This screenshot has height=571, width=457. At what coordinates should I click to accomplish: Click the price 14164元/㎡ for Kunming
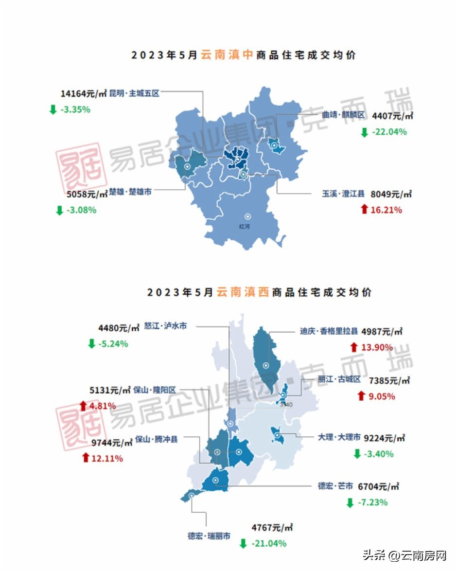click(84, 93)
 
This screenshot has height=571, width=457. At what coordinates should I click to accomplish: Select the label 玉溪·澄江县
click(343, 194)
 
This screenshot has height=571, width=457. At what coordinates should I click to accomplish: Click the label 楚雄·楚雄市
click(130, 192)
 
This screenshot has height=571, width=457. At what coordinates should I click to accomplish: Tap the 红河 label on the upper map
click(244, 226)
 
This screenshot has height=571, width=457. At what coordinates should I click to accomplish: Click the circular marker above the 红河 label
click(247, 216)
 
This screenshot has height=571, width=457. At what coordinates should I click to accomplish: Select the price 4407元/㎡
click(392, 116)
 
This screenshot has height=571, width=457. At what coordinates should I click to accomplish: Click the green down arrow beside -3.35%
click(53, 109)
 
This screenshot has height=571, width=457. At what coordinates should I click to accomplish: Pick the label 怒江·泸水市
click(165, 326)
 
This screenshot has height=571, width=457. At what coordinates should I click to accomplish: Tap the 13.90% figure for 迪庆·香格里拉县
click(377, 347)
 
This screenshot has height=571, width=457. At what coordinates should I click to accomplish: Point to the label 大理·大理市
click(339, 438)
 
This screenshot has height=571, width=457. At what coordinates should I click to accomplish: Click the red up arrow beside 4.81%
click(83, 406)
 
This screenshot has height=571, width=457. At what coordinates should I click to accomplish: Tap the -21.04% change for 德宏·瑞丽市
click(268, 543)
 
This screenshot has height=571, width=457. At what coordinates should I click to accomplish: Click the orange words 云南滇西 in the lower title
click(243, 292)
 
